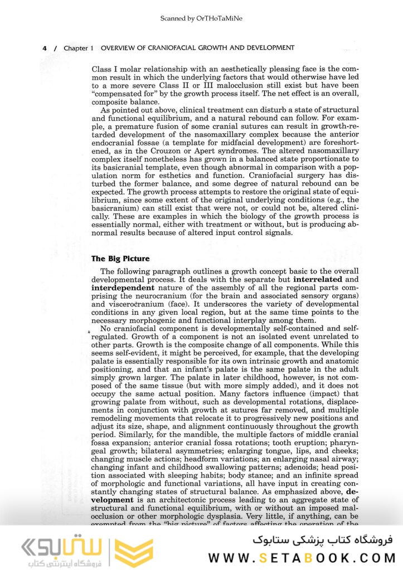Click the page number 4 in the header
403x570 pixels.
[45, 48]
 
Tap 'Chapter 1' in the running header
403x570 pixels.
[75, 48]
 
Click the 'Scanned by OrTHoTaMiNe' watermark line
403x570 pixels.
[201, 18]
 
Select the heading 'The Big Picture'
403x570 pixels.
[120, 259]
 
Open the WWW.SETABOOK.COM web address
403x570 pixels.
[302, 557]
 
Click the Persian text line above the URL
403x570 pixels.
[323, 539]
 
